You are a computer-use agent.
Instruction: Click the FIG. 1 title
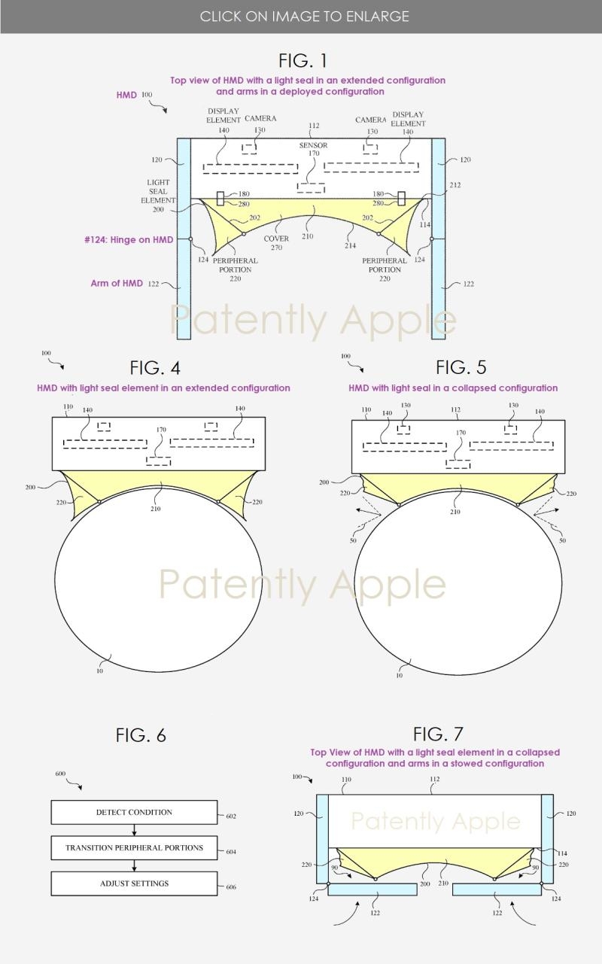(x=303, y=61)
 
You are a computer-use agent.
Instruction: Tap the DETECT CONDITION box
(x=134, y=812)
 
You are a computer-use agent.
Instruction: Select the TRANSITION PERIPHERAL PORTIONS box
(x=134, y=848)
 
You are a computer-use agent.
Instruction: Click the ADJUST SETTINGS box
(x=134, y=883)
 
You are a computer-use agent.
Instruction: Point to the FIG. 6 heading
(x=141, y=735)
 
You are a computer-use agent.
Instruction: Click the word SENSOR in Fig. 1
(x=313, y=145)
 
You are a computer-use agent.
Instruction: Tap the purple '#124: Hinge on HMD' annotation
(x=129, y=240)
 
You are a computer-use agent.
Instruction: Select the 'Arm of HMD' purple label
(x=117, y=283)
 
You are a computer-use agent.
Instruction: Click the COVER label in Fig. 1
(x=276, y=239)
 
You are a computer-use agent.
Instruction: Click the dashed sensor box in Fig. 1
(x=311, y=187)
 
